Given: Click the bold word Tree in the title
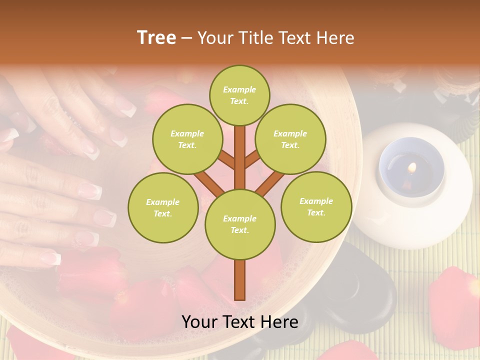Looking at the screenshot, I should pyautogui.click(x=156, y=38).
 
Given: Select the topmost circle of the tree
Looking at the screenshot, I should pyautogui.click(x=239, y=95).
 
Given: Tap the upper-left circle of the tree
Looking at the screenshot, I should pyautogui.click(x=187, y=139).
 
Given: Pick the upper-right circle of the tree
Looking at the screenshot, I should pyautogui.click(x=290, y=139).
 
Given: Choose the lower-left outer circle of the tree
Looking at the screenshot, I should pyautogui.click(x=163, y=208).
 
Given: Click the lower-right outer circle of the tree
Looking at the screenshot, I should pyautogui.click(x=316, y=207).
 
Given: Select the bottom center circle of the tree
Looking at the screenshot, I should pyautogui.click(x=240, y=224).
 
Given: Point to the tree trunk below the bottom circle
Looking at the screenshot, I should pyautogui.click(x=240, y=280).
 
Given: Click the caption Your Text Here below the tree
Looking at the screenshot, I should pyautogui.click(x=240, y=322).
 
